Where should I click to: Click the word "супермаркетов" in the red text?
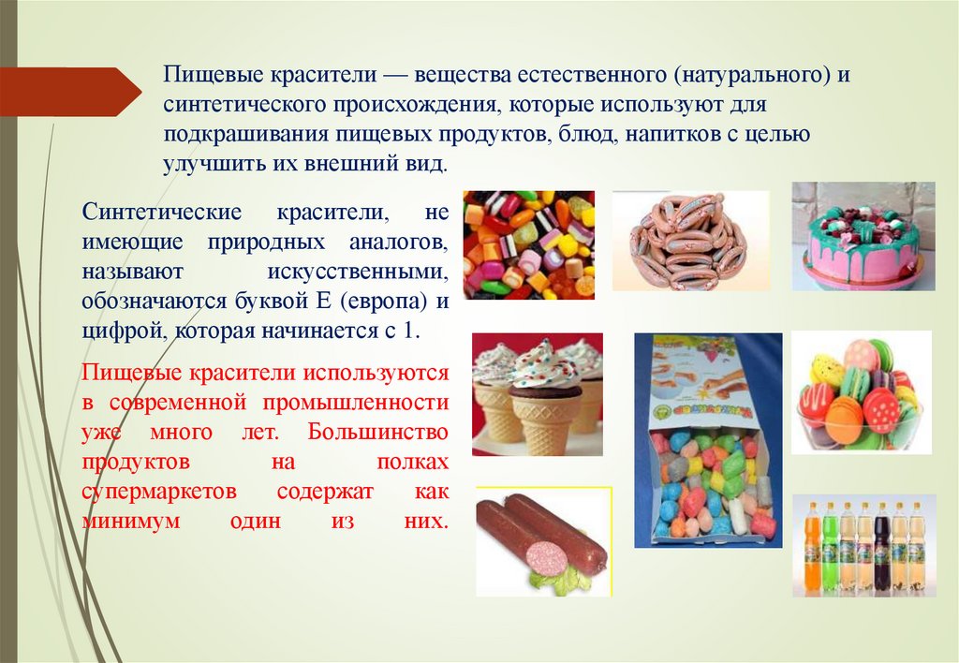(x=144, y=493)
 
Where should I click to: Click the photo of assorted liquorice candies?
(x=528, y=244)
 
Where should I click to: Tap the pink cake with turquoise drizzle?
(x=862, y=245)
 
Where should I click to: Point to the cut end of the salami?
(x=547, y=559)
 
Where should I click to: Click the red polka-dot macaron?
(x=880, y=409)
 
